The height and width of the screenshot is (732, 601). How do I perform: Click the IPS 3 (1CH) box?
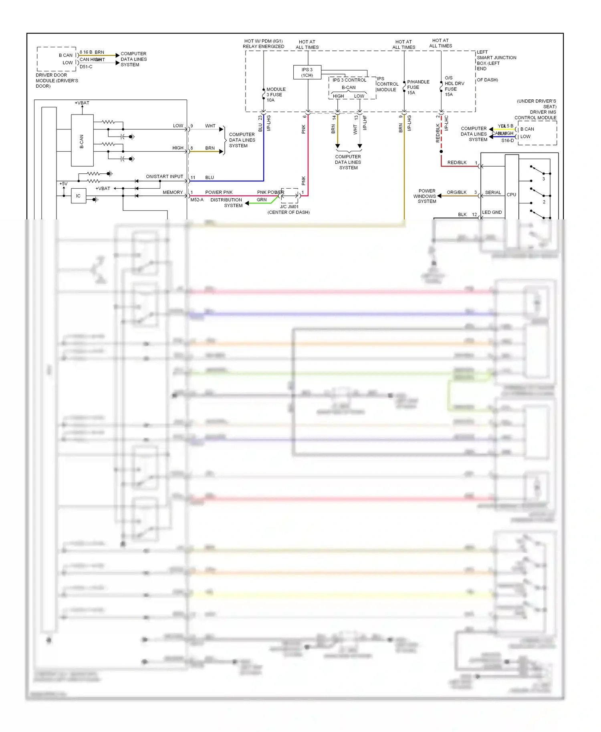point(307,72)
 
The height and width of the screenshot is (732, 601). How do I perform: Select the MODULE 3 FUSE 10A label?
point(276,95)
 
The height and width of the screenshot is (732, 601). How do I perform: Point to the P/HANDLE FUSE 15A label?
point(417,87)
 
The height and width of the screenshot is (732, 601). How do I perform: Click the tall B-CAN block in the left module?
point(82,141)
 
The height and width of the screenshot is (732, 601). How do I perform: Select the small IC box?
point(79,196)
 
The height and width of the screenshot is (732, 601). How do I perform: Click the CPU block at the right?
point(511,195)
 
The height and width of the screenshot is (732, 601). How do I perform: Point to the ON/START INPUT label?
point(164,177)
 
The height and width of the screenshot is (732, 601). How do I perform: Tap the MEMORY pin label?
point(173,193)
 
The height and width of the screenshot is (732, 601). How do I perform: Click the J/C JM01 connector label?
point(289,207)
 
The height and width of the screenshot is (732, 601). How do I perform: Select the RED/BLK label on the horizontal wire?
point(457,163)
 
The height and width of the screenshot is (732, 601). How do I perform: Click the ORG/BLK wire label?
point(456,193)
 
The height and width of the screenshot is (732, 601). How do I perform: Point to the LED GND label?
point(492,213)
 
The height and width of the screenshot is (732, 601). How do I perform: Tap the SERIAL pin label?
point(493,193)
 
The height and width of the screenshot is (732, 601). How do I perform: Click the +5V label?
point(63,184)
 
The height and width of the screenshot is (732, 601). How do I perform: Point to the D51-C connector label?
point(86,67)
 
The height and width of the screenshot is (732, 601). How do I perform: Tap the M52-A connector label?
point(197,200)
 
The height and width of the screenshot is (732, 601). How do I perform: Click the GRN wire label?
point(262,200)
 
